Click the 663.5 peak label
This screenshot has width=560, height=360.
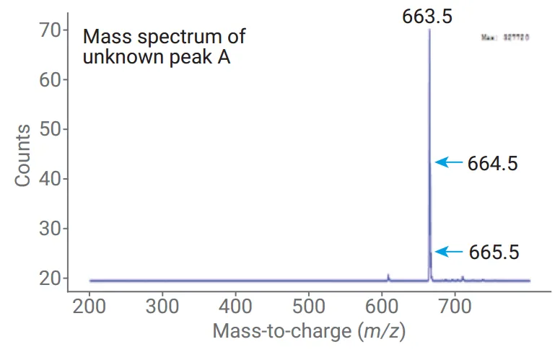pos(428,15)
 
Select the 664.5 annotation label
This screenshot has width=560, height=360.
pos(493,163)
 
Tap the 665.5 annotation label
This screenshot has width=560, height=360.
pos(494,253)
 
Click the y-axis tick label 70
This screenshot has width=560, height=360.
pos(48,30)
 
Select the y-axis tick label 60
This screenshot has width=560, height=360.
pos(48,79)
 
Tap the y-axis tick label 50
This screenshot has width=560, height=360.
pos(48,129)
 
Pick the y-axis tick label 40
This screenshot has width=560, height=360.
pos(48,179)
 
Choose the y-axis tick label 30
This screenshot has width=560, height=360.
pos(48,229)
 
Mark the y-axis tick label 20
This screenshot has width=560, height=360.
pos(48,278)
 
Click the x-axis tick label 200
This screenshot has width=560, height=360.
pos(89,307)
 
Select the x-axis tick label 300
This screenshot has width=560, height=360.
pos(162,307)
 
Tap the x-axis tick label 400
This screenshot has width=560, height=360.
pos(236,307)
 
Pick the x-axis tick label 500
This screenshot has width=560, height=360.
pos(309,307)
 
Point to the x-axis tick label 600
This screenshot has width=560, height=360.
pos(382,307)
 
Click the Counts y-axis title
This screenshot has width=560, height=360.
pos(23,154)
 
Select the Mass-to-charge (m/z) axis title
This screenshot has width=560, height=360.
pos(310,332)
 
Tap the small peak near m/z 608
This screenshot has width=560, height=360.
pos(388,276)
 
